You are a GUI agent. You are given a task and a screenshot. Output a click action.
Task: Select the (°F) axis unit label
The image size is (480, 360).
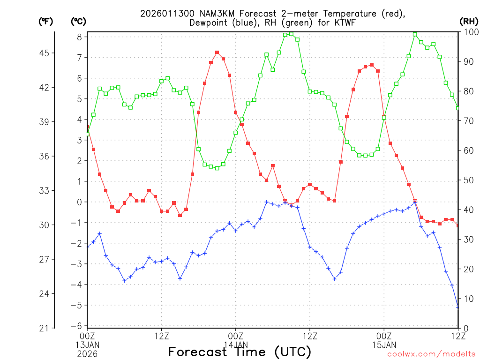coord(45,21)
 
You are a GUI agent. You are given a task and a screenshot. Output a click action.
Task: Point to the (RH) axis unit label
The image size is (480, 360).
coord(468,21)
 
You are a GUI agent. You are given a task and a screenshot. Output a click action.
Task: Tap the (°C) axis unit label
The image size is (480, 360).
coord(78,21)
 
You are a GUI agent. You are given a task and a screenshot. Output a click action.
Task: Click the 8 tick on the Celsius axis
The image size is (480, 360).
coord(80,37)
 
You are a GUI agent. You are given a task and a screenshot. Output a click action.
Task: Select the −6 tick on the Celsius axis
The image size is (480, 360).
coord(78,326)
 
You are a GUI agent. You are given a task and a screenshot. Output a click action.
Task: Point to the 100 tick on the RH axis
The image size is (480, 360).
coord(469,32)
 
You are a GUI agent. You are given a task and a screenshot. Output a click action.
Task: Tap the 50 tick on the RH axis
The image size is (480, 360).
coord(467,180)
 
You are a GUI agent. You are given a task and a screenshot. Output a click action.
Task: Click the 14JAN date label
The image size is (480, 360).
coord(236,345)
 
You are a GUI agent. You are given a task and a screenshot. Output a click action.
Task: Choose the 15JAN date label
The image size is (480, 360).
coord(384,345)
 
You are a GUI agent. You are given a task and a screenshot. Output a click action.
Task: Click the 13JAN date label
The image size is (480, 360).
coord(88,345)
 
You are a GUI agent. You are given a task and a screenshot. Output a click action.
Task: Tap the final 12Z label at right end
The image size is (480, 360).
coord(458,336)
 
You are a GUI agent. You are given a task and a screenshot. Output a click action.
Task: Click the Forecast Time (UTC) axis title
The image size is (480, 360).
coord(240,352)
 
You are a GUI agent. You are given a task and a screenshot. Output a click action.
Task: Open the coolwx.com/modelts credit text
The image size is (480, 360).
coord(431,354)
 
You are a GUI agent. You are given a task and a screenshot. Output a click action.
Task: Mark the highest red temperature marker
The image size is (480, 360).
coord(217,52)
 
